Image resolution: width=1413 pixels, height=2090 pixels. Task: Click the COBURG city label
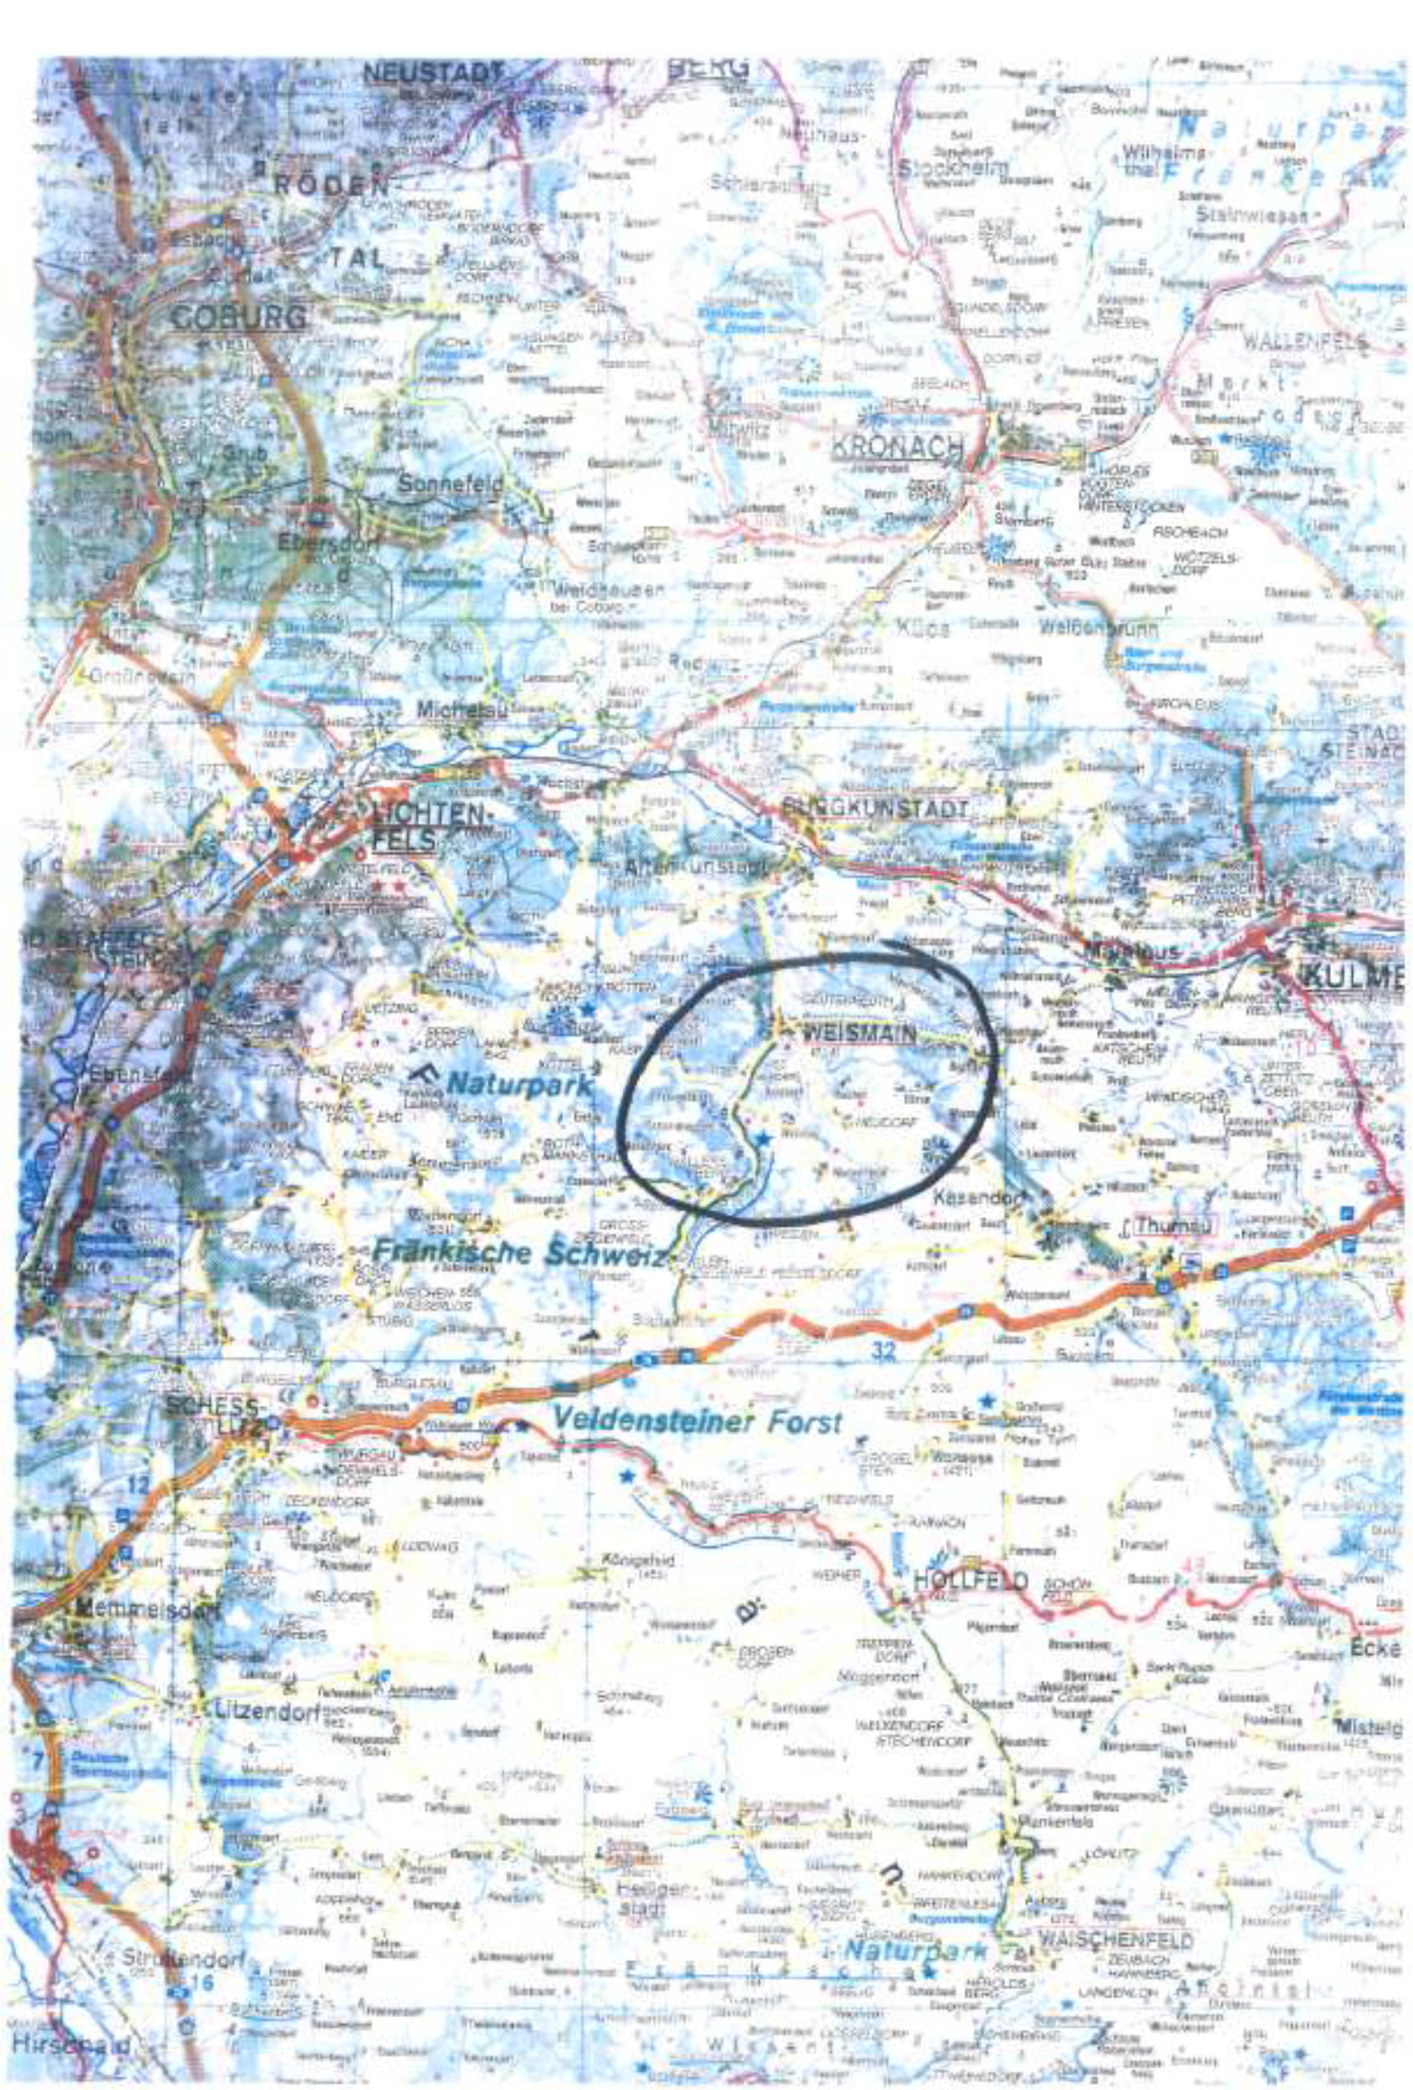(x=237, y=316)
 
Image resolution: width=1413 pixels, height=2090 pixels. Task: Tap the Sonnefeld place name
(x=449, y=484)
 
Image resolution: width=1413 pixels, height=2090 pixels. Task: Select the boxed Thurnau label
(x=1167, y=1226)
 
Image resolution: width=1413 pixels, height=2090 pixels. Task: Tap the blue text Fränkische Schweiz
(x=519, y=1252)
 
